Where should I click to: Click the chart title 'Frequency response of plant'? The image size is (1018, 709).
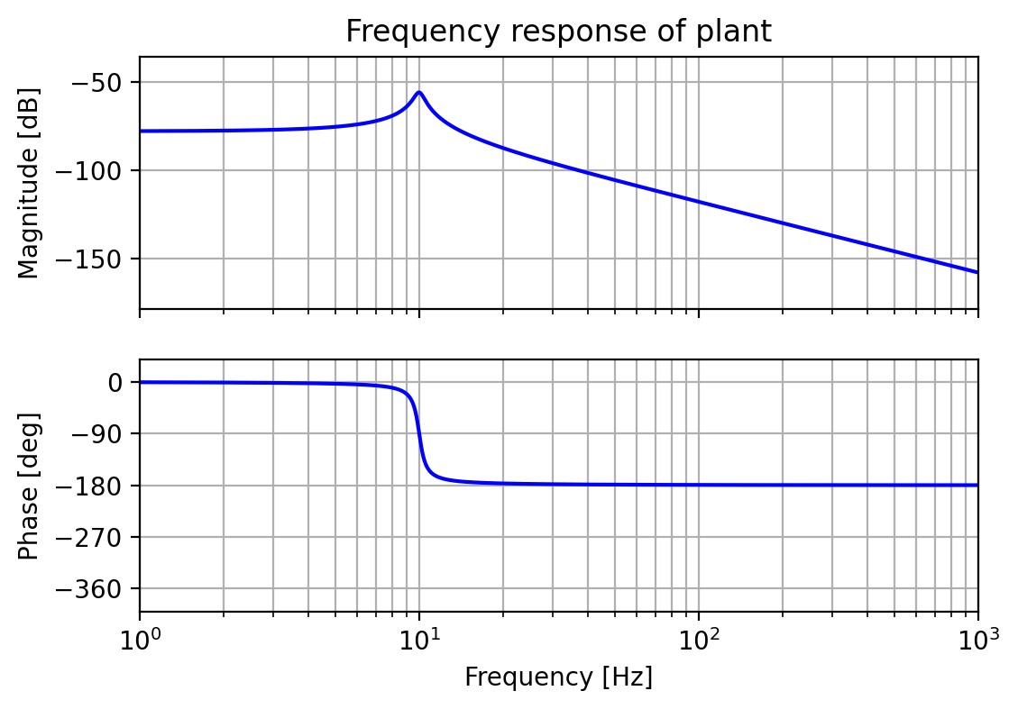click(558, 32)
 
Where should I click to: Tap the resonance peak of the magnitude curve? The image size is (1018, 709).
click(419, 92)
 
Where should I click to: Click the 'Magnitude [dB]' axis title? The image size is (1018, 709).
click(30, 183)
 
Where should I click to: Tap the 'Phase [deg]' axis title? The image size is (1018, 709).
click(30, 486)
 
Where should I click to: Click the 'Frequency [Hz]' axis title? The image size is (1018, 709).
click(558, 677)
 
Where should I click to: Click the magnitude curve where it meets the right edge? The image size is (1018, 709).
click(977, 272)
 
